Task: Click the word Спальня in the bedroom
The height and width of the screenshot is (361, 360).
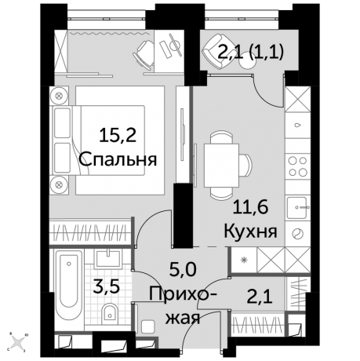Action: pos(118,159)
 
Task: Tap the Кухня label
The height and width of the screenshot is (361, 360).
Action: pos(249,232)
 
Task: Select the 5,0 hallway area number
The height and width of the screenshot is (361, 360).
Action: pos(184,272)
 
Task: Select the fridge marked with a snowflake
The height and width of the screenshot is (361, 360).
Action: pos(244,258)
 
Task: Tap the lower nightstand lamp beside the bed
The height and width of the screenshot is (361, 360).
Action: pos(59,184)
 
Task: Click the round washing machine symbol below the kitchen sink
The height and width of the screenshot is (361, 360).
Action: pos(298,234)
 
